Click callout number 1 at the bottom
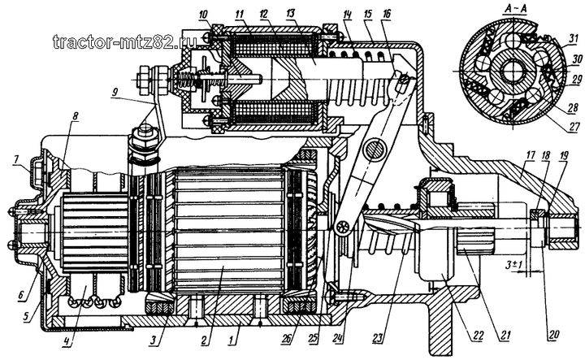[x=232, y=340]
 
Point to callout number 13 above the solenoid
[x=290, y=14]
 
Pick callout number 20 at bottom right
[x=552, y=335]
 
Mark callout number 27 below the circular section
[x=575, y=127]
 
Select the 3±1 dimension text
[x=513, y=266]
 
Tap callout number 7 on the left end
[x=17, y=160]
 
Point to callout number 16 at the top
[x=386, y=14]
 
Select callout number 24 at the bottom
[x=340, y=338]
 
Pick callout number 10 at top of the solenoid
[x=204, y=15]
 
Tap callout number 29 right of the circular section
[x=576, y=79]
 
